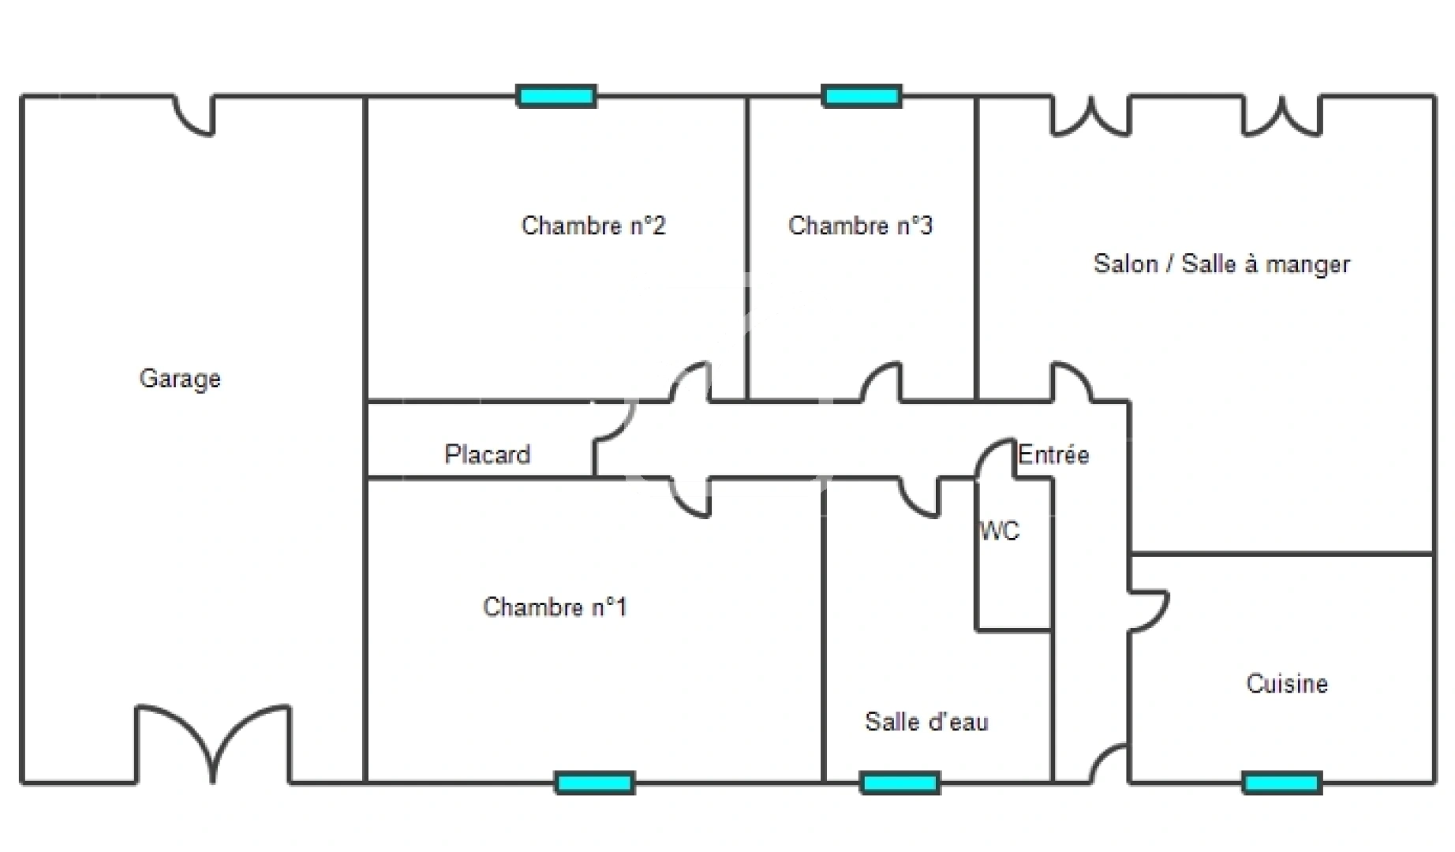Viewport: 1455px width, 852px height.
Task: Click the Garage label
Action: coord(180,379)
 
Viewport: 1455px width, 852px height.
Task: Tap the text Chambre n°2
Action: coord(593,226)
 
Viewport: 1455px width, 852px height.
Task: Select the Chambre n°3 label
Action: coord(860,226)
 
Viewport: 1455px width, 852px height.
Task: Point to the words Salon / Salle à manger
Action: coord(1221,264)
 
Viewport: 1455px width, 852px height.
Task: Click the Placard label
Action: coord(487,454)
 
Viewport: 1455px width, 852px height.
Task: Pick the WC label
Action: coord(1000,531)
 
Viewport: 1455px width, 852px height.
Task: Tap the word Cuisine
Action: coord(1287,683)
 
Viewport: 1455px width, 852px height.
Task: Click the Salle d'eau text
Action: coord(926,721)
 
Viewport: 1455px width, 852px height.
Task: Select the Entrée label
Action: coord(1053,454)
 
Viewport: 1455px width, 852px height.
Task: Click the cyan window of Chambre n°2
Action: coord(556,96)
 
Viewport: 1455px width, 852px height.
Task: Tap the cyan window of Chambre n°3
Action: coord(861,96)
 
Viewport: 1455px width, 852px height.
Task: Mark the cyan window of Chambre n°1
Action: coord(594,783)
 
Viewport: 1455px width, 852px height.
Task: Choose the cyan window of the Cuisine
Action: coord(1281,783)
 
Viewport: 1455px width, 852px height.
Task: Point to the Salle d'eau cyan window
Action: coord(900,783)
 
